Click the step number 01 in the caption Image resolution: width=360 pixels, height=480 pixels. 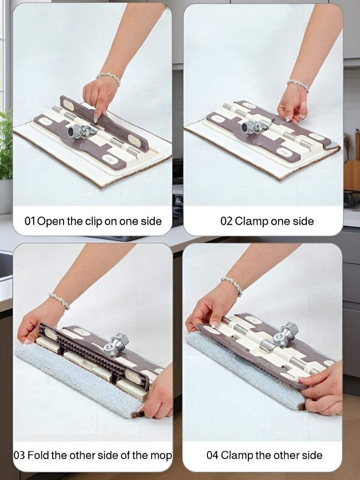[x=30, y=221]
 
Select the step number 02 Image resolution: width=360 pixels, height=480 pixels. [x=226, y=221]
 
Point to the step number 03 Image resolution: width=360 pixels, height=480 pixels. [x=19, y=455]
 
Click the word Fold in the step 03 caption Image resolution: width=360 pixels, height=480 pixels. [x=38, y=455]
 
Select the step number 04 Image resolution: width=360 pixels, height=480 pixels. [x=212, y=455]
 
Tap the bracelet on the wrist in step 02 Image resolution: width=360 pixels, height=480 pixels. [x=298, y=85]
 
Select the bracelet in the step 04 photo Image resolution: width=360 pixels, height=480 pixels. [x=232, y=285]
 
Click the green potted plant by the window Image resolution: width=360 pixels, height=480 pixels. [x=6, y=145]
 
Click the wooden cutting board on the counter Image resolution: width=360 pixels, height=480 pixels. [x=352, y=175]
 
